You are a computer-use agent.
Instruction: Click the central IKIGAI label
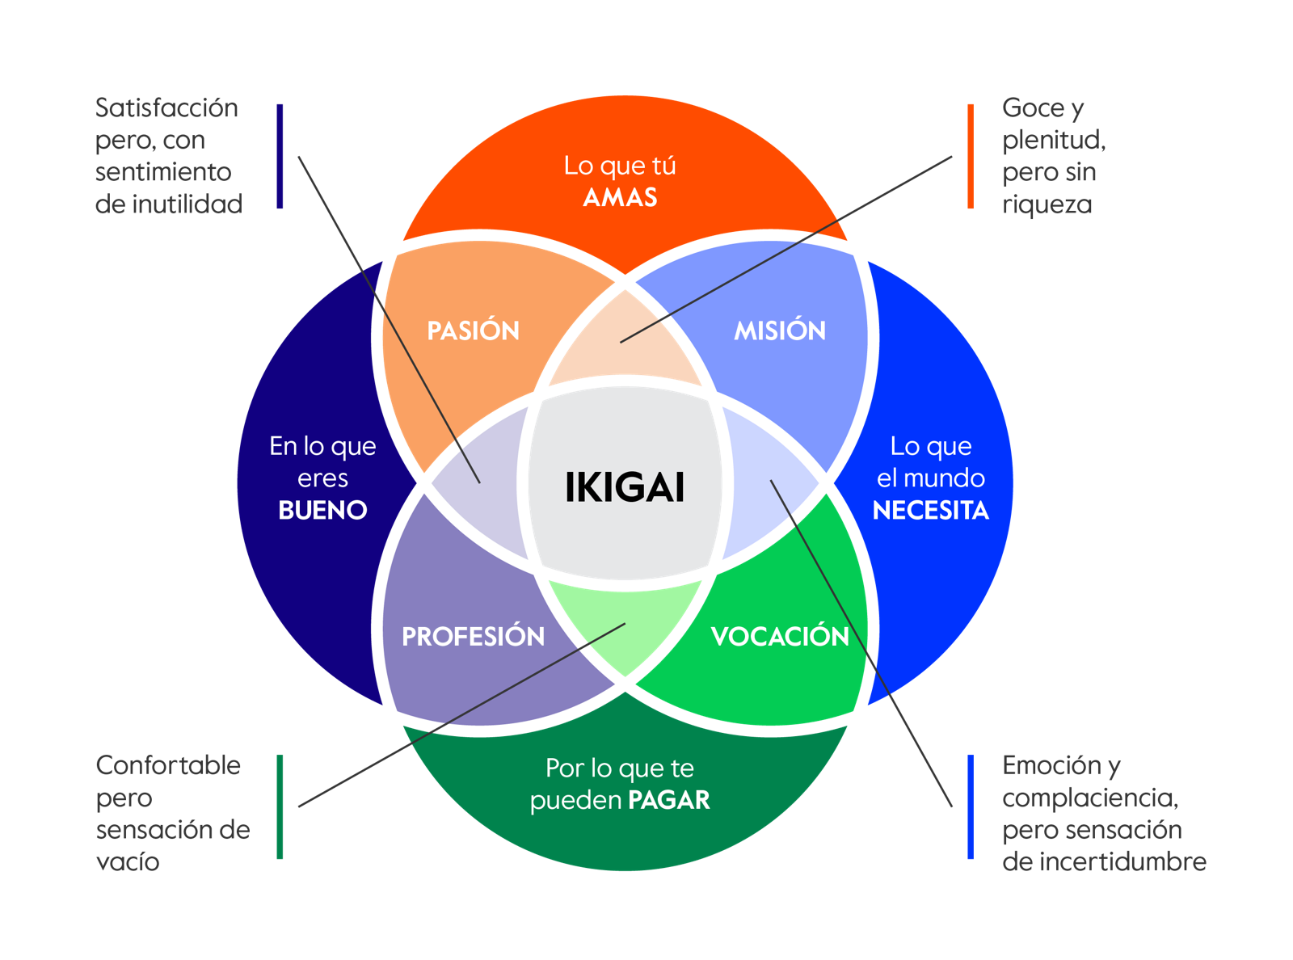point(625,487)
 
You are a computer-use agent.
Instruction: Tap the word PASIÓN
point(473,331)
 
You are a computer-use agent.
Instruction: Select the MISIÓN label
point(780,331)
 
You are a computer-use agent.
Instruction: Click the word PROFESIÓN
point(473,637)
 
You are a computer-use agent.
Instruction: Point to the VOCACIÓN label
point(780,637)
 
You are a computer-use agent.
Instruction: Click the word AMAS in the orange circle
point(620,197)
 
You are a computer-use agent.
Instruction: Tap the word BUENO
point(322,510)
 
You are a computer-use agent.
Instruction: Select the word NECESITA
point(930,510)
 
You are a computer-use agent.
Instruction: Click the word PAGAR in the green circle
point(669,800)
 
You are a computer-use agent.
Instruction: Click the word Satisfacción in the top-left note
point(166,107)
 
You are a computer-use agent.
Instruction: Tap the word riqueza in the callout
point(1047,204)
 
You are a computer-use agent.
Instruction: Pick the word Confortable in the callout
point(168,765)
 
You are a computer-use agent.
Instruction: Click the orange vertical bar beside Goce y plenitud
point(971,156)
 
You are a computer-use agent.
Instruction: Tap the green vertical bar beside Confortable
point(280,806)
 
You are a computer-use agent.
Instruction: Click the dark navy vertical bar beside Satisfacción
point(280,156)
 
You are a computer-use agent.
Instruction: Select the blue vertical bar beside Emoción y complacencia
point(971,806)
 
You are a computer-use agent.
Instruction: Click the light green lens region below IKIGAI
point(625,622)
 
